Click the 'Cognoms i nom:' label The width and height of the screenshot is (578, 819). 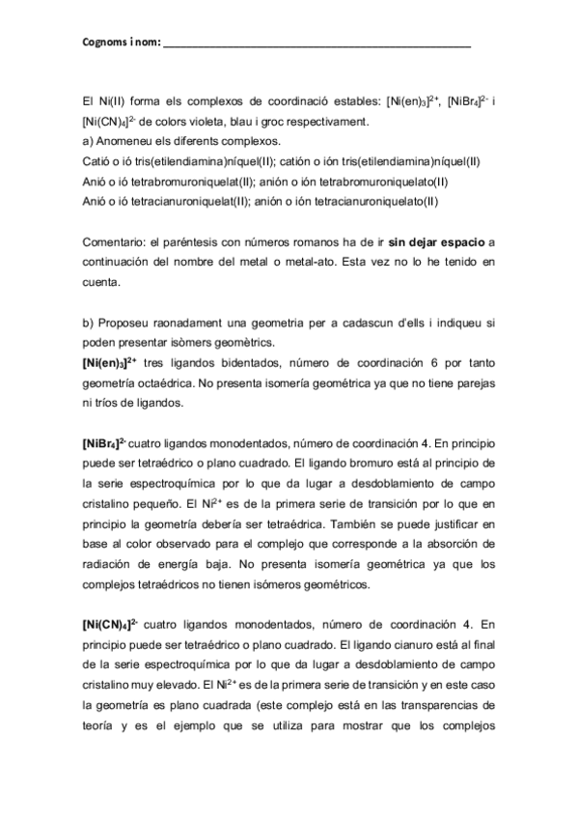pyautogui.click(x=121, y=44)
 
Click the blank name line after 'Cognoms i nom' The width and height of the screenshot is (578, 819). pyautogui.click(x=318, y=45)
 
